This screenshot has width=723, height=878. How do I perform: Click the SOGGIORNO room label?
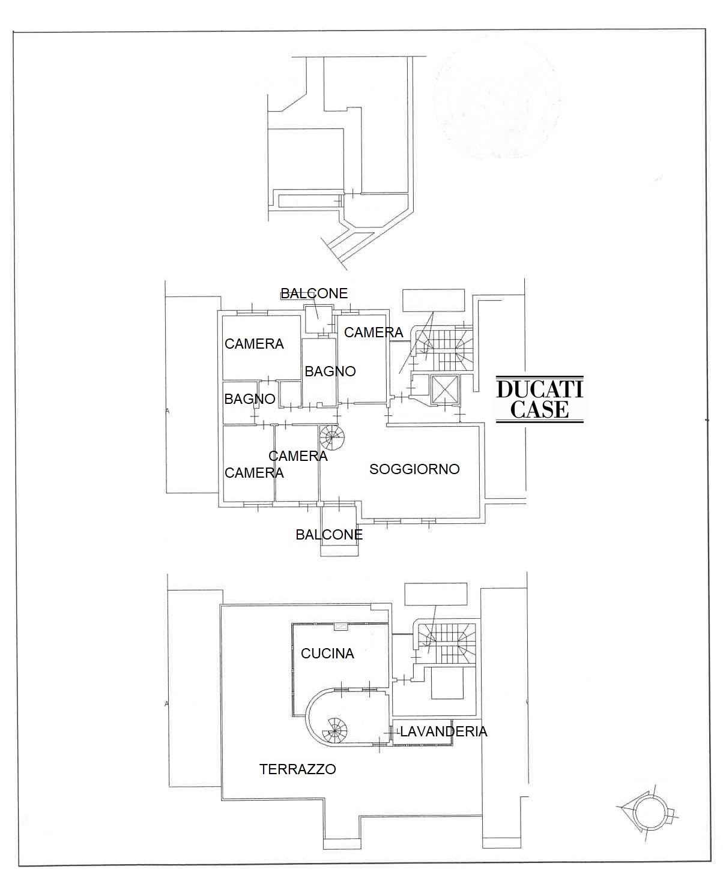(x=414, y=469)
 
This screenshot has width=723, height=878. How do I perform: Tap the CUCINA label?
(x=327, y=654)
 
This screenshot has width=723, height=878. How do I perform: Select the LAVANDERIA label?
(x=443, y=732)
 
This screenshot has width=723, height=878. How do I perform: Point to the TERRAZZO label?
(x=297, y=769)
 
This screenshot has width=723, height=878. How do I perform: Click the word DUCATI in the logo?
(x=539, y=389)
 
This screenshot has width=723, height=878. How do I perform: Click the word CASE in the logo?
(x=539, y=410)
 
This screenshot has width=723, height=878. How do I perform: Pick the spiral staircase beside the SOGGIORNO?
(x=332, y=437)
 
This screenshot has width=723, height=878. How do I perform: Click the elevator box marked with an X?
(x=445, y=389)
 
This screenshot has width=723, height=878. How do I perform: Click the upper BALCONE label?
(x=314, y=293)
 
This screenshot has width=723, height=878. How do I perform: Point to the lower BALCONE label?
(x=329, y=535)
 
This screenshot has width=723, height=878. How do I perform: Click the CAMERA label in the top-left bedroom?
(x=254, y=344)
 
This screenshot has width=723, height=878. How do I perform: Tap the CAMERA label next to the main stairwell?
(x=374, y=332)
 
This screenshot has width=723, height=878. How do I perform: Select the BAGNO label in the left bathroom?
(x=249, y=399)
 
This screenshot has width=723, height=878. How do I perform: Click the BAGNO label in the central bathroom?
(x=330, y=371)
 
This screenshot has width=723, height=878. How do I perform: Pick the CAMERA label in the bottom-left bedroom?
(x=254, y=473)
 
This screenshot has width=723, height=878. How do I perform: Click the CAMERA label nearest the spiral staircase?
(x=298, y=456)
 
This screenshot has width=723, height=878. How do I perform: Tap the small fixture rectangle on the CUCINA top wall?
(x=341, y=626)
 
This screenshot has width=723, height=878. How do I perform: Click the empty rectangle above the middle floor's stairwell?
(x=433, y=300)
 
